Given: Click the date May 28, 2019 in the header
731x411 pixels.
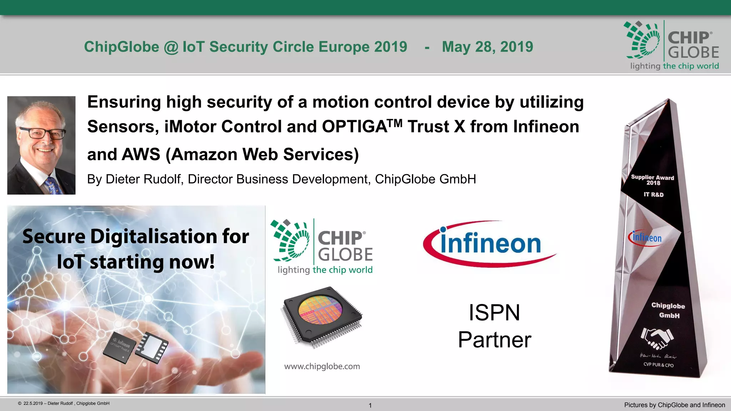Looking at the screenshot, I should coord(487,47).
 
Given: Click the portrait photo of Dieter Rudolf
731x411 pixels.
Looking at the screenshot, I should coord(41,145).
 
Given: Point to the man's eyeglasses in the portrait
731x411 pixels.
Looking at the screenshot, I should coord(42,133).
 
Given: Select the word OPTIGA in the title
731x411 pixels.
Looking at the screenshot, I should coord(354,127).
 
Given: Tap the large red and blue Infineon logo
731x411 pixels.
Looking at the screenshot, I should coord(490,244).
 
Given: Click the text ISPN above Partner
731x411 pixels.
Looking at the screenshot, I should coord(494,313).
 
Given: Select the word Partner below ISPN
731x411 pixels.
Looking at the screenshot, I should coord(494,340).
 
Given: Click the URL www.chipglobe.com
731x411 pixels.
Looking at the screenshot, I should coord(322,366).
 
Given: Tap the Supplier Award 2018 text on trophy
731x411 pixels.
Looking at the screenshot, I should coord(652,180).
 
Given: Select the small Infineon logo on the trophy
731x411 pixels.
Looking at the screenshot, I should coord(645,238).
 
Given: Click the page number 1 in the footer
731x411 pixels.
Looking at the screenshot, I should coord(370,405).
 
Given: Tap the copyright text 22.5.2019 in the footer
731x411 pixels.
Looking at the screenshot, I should coord(64,404).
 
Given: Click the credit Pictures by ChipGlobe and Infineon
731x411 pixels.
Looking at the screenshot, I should coord(674,405).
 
